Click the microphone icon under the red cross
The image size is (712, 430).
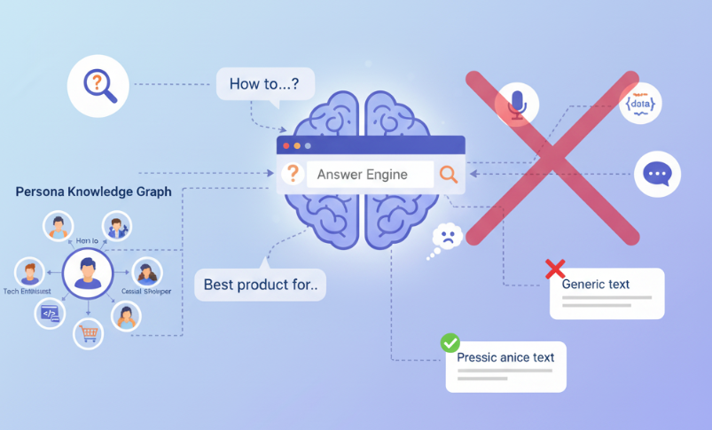point(517,105)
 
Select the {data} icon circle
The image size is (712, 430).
point(643,104)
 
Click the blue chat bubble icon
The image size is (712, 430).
point(657,173)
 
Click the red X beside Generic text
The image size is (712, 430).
point(555,268)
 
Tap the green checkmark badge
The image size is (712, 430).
point(450,342)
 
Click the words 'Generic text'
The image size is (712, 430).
point(595,285)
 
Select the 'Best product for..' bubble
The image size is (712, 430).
point(260,285)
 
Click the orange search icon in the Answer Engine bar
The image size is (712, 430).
point(449,175)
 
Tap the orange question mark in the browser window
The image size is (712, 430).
point(291,174)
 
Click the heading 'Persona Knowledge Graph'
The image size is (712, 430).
point(94,192)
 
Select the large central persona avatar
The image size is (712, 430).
point(87,272)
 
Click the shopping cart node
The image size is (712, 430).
point(88,333)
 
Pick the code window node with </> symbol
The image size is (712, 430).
point(50,312)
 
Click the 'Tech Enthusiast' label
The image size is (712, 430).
point(27,292)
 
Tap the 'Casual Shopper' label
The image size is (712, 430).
point(146,292)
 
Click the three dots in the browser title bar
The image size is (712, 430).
point(297,145)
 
